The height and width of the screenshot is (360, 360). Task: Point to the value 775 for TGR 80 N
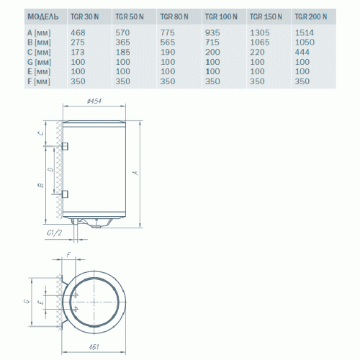167,32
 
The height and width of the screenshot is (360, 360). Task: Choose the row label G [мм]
38,63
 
